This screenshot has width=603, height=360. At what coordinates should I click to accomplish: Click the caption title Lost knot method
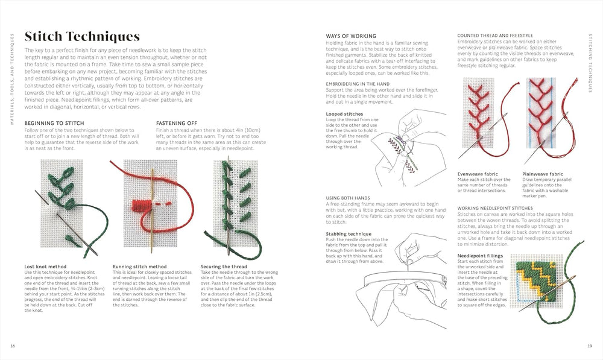point(45,266)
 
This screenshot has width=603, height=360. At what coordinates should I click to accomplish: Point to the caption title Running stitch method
point(139,266)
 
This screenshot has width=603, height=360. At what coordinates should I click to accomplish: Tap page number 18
point(13,346)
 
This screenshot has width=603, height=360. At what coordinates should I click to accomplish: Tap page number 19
point(590,346)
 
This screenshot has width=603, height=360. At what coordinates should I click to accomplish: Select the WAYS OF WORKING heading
point(351,36)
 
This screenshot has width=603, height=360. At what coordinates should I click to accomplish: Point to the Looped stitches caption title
point(344,114)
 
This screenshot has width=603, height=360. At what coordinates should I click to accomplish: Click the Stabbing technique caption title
point(349,233)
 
